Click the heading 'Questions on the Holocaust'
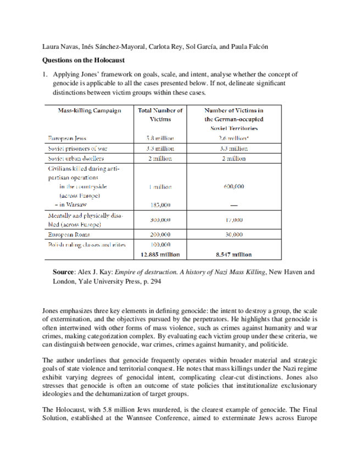tap(84, 59)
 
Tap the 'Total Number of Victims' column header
tap(160, 114)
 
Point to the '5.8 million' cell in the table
tap(160, 138)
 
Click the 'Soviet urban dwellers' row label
tap(76, 158)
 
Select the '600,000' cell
tap(234, 186)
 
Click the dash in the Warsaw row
tap(234, 205)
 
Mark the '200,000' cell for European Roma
tap(160, 234)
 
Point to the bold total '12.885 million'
tap(160, 254)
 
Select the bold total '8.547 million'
tap(234, 254)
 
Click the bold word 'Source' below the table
tap(64, 272)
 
